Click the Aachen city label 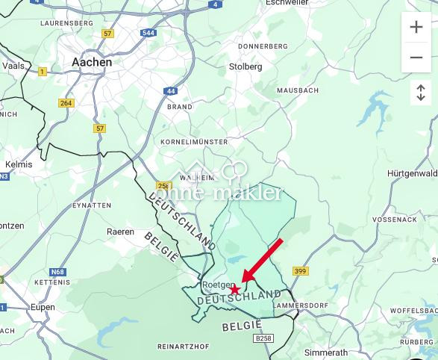click(92, 63)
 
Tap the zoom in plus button click(416, 28)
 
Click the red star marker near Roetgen click(235, 289)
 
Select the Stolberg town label click(245, 66)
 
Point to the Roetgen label click(218, 285)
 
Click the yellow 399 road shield click(300, 271)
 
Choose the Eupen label click(43, 307)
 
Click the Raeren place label click(121, 232)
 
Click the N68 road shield click(58, 271)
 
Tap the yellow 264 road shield click(66, 103)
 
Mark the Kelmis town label click(19, 164)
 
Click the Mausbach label click(298, 90)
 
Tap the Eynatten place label click(93, 205)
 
